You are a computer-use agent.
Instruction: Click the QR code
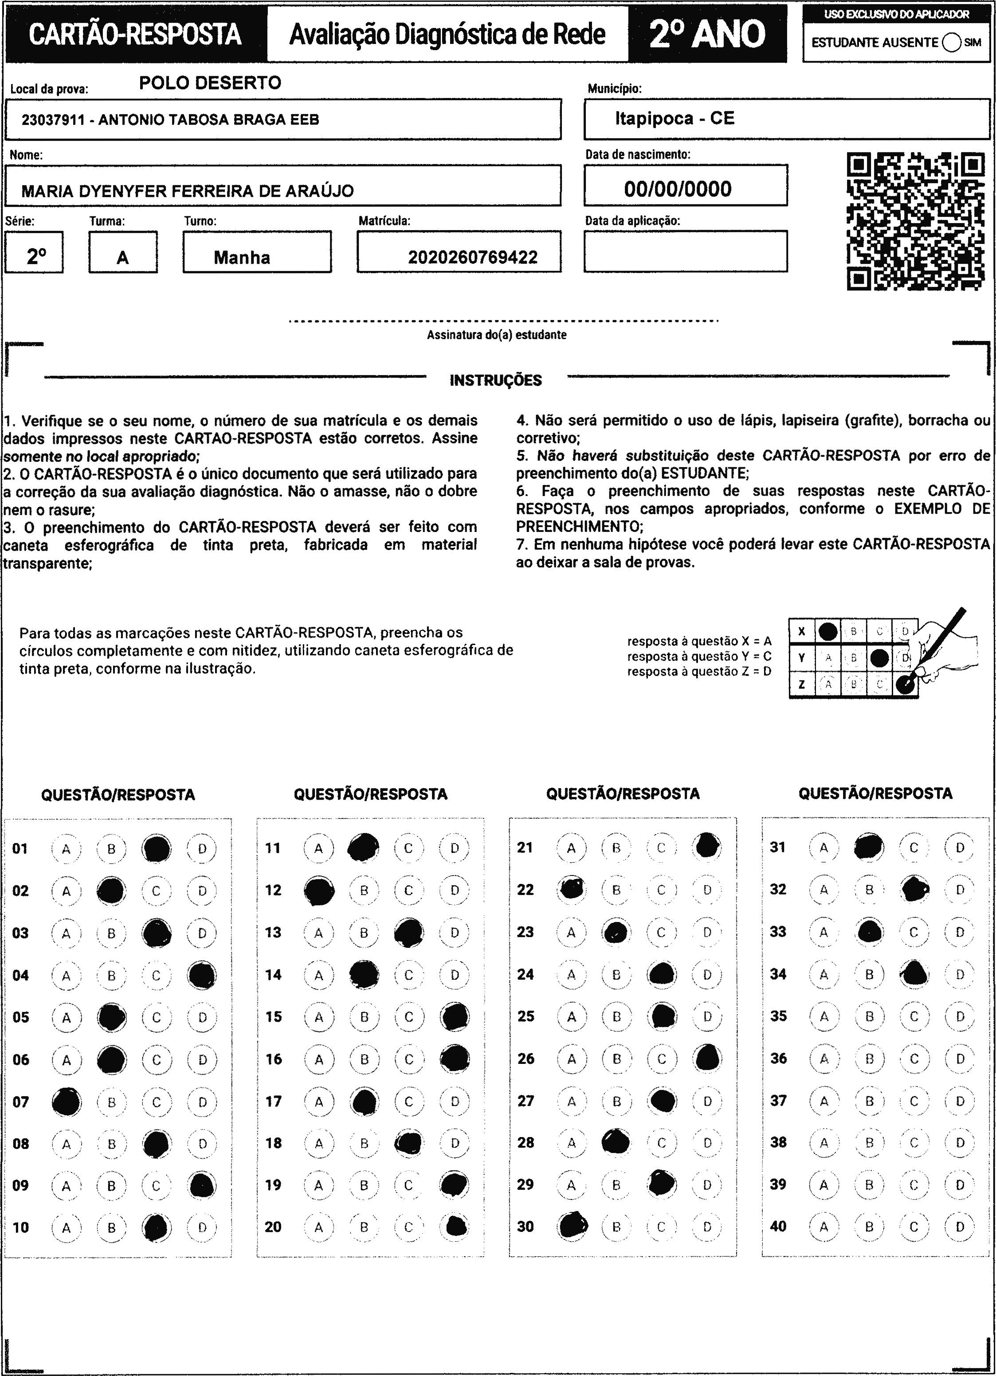(916, 222)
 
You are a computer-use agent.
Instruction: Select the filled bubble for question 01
(157, 848)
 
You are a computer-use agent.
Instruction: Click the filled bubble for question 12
(319, 891)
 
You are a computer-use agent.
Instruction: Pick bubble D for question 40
(960, 1227)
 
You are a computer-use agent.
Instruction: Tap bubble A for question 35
(823, 1016)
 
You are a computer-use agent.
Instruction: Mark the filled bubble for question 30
(572, 1226)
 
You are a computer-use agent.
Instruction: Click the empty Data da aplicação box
(685, 251)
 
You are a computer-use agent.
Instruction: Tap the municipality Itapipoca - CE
(674, 118)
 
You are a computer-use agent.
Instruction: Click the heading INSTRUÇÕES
(495, 380)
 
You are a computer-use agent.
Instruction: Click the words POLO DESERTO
(210, 83)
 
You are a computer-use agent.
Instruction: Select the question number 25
(525, 1016)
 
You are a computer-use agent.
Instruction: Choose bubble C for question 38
(914, 1142)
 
